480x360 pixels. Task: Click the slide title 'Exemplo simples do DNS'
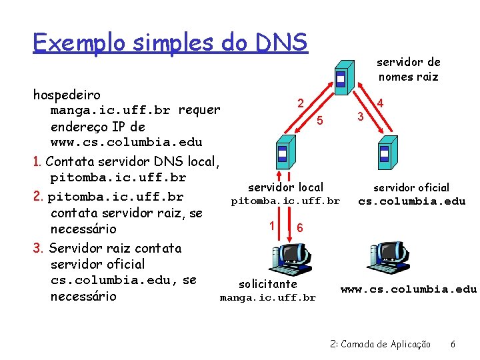click(x=170, y=43)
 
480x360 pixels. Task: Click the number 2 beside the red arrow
click(x=301, y=103)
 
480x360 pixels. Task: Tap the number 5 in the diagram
click(x=320, y=121)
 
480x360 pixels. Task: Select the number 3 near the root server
click(x=360, y=117)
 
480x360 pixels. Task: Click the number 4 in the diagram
click(x=380, y=103)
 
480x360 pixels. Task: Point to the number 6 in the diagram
click(x=300, y=227)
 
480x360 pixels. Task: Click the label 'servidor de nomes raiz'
click(x=409, y=69)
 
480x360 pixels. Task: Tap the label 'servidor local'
click(x=285, y=188)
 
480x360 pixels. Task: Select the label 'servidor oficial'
click(x=411, y=188)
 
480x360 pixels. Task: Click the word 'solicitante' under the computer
click(x=268, y=284)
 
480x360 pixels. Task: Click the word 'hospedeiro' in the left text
click(x=67, y=95)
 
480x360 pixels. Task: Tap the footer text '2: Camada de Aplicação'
click(x=381, y=344)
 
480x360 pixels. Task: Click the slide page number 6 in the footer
click(x=453, y=344)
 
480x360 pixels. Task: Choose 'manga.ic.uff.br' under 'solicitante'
click(x=268, y=297)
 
